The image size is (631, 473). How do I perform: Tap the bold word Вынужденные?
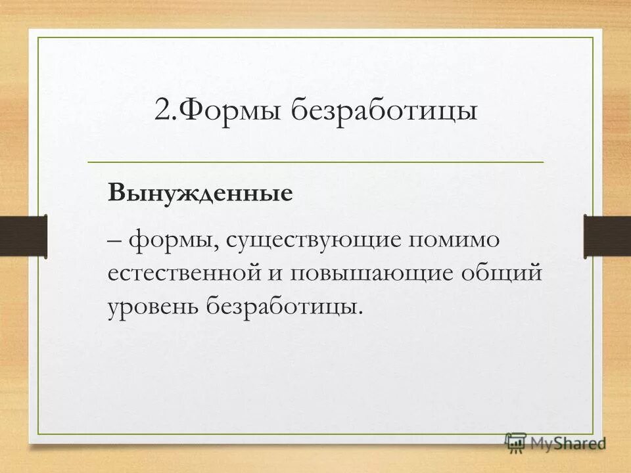pyautogui.click(x=200, y=193)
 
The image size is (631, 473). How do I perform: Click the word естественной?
pyautogui.click(x=185, y=273)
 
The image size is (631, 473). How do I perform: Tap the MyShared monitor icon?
pyautogui.click(x=516, y=443)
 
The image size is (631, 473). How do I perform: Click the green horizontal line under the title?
pyautogui.click(x=315, y=162)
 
